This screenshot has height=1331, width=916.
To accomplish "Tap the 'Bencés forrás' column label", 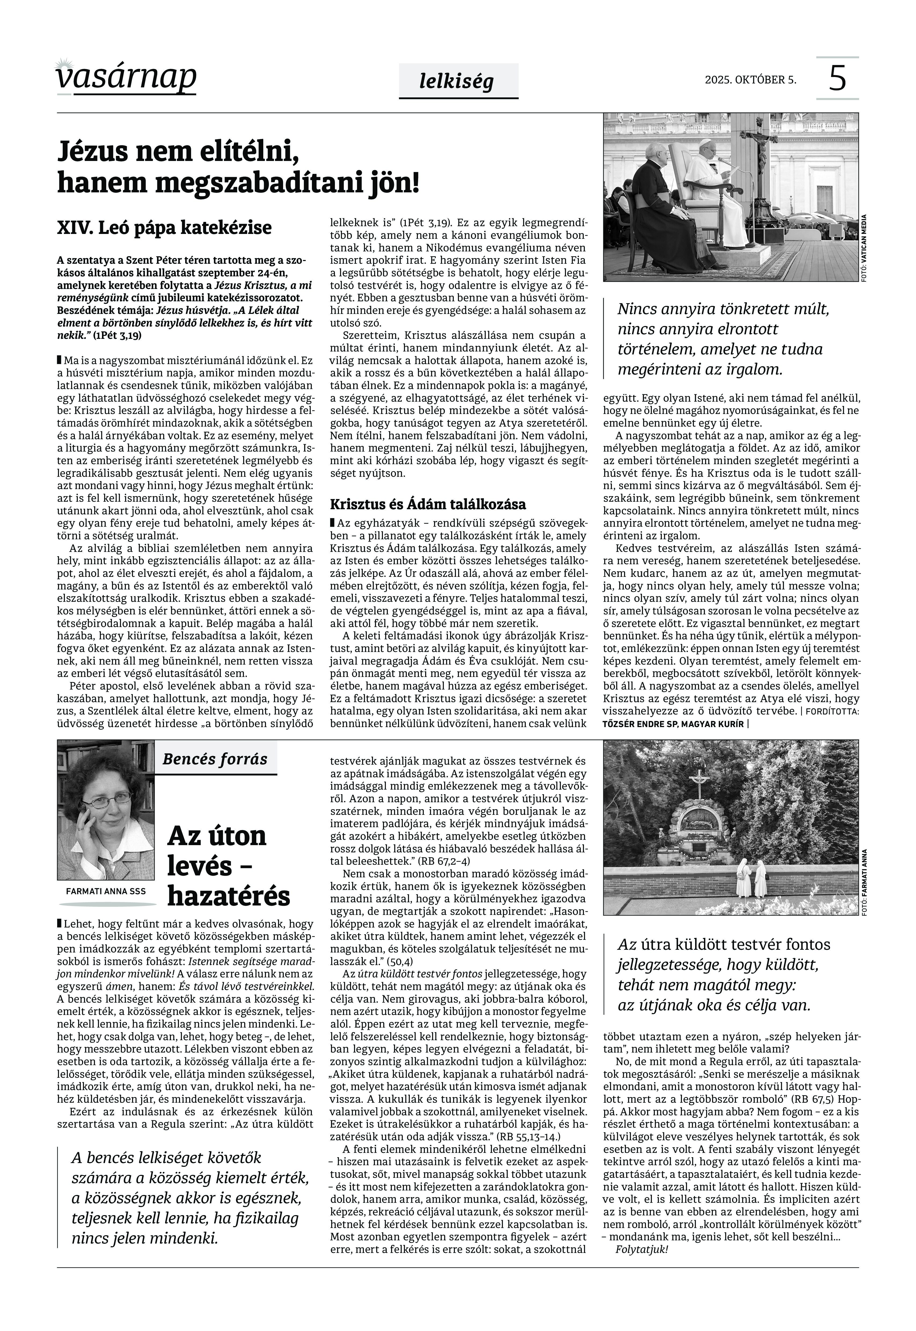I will click(x=215, y=759).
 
